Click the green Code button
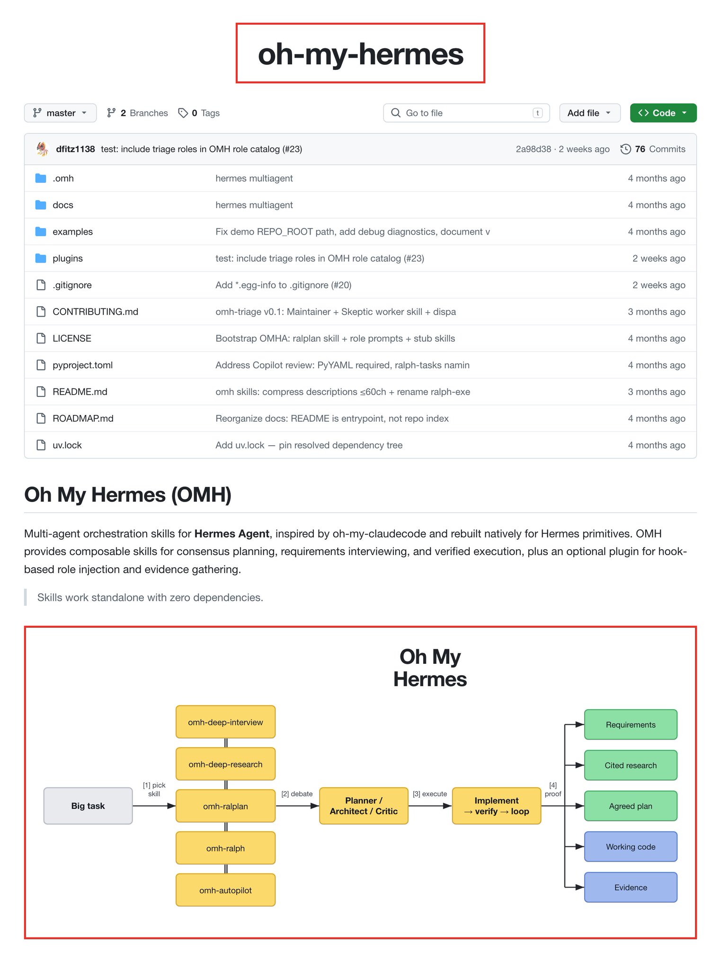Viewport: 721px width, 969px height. click(663, 113)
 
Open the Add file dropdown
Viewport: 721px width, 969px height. click(589, 113)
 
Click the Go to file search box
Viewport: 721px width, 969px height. click(466, 113)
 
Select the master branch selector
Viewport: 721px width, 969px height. click(60, 113)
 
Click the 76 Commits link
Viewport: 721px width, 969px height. click(653, 149)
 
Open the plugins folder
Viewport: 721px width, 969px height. click(68, 258)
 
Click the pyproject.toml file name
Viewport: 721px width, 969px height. click(82, 365)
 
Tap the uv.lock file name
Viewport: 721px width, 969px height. click(67, 445)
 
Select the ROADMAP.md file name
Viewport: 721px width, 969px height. click(83, 419)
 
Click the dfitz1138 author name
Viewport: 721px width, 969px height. click(75, 149)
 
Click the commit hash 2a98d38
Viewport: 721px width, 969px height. click(534, 149)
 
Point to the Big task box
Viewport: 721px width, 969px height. click(88, 806)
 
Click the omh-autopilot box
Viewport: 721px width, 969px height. click(225, 890)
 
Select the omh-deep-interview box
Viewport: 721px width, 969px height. click(225, 722)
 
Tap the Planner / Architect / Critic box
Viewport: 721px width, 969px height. click(364, 806)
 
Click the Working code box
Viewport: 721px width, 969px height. click(631, 846)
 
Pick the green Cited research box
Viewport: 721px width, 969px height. click(631, 765)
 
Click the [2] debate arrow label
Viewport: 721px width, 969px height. click(297, 794)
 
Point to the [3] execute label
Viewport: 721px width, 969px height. click(430, 794)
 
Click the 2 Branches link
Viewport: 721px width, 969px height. click(137, 113)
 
